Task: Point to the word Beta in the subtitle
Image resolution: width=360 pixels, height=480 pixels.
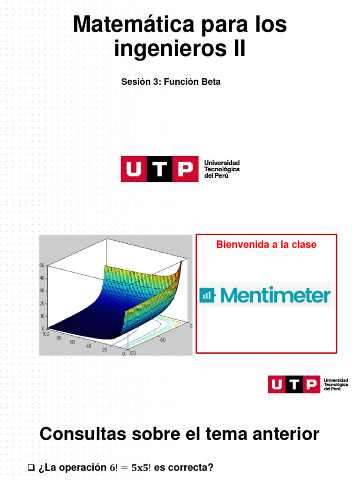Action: pos(211,82)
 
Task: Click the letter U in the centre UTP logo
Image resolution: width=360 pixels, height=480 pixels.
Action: pos(134,169)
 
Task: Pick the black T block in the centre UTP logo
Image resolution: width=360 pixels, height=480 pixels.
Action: pos(159,169)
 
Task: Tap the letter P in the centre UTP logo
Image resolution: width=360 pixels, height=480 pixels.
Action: pos(185,169)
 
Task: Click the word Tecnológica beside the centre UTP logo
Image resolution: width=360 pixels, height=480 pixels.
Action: pos(222,169)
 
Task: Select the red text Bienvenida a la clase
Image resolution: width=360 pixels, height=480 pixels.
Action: pos(266,245)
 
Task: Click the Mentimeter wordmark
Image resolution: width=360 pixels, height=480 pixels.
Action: pos(275,295)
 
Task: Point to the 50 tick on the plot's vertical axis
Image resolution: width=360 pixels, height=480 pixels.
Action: pos(42,265)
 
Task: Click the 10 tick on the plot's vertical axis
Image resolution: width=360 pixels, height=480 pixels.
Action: pos(42,316)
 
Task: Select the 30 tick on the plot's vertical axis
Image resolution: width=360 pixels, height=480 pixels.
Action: pos(42,291)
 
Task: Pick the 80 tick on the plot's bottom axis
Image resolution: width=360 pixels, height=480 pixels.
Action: pos(59,337)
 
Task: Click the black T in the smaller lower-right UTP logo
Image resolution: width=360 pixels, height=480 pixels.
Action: pos(296,384)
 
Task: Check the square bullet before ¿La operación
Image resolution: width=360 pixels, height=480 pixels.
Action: pos(32,468)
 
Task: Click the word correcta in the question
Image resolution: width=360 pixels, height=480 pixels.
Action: pos(189,468)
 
